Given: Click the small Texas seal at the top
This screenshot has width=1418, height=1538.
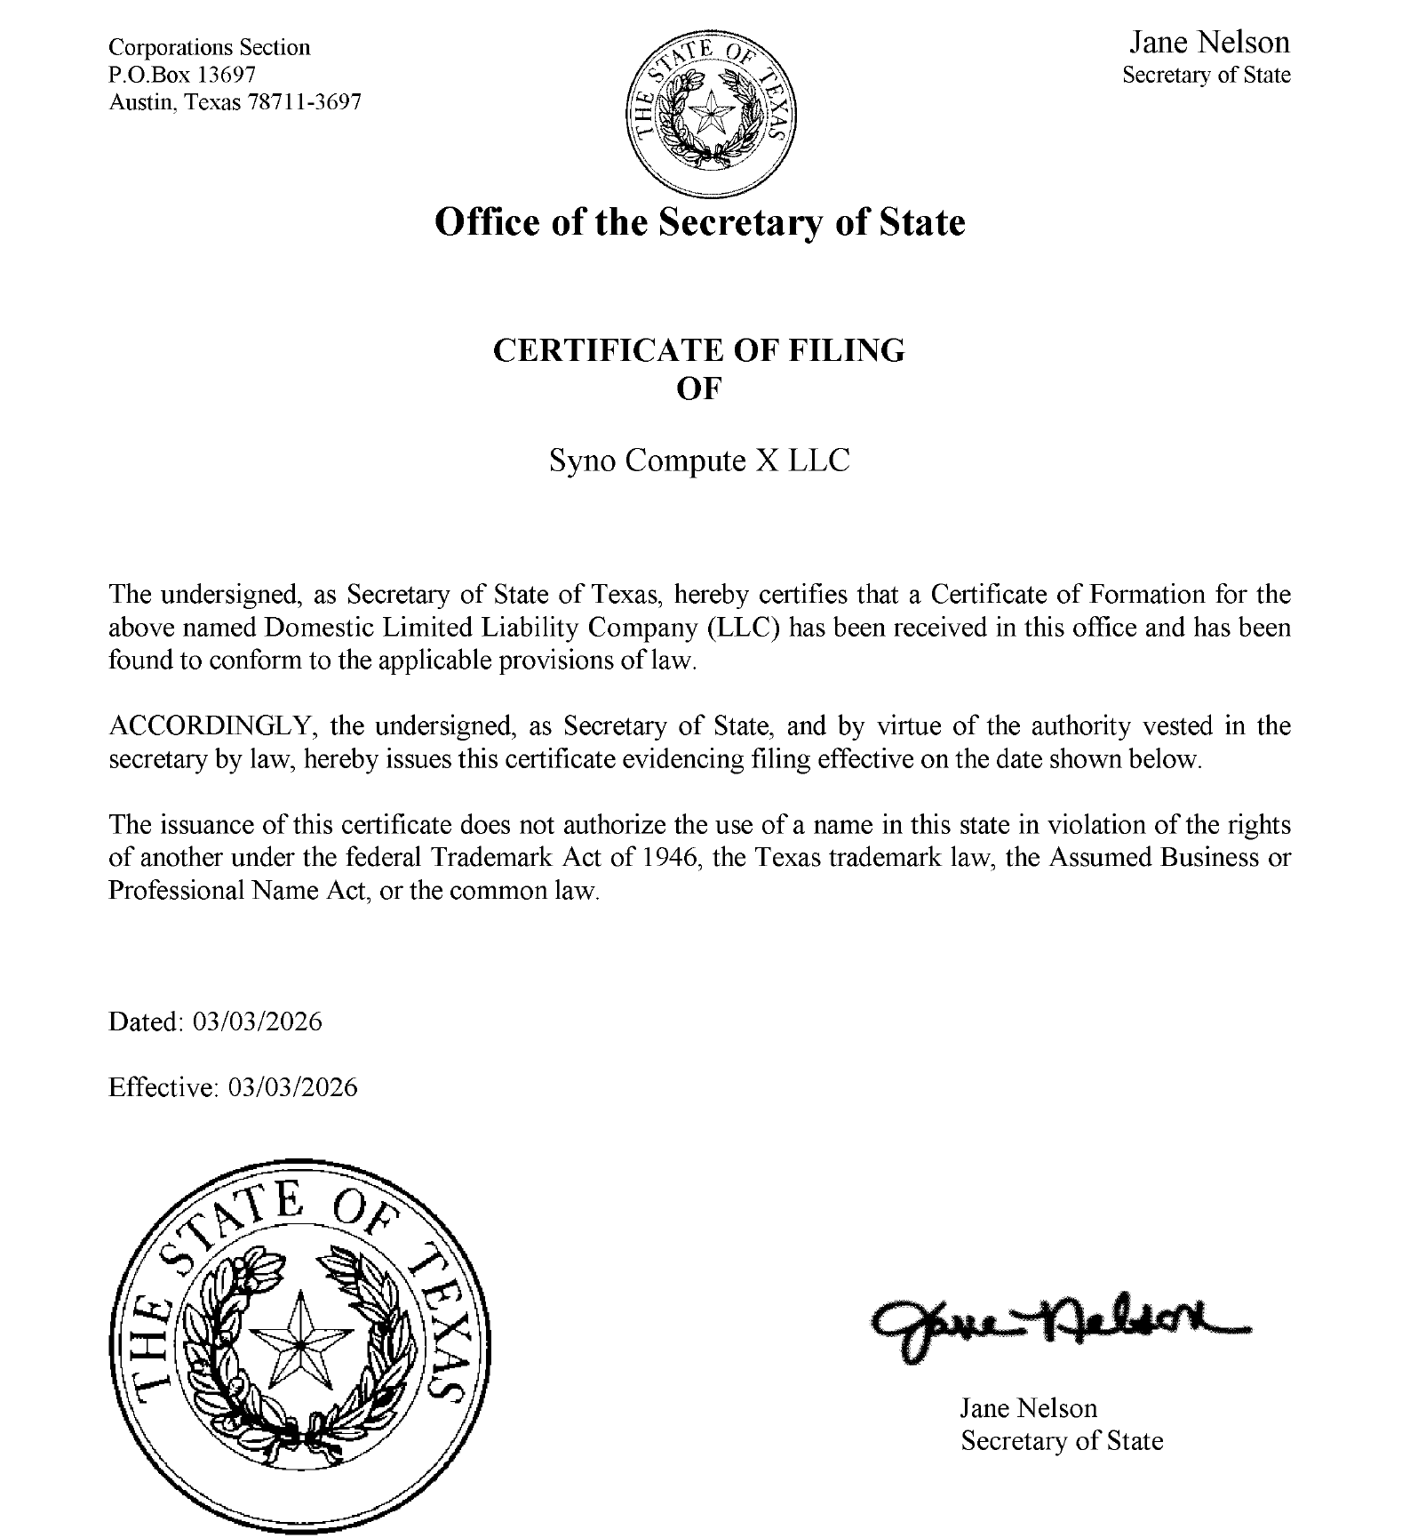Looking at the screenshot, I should (x=711, y=112).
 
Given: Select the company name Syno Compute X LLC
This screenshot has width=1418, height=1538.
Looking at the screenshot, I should (x=699, y=461).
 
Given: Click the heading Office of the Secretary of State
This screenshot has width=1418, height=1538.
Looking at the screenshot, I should (x=699, y=222).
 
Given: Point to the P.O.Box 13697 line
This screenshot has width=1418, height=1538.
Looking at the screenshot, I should (x=182, y=75).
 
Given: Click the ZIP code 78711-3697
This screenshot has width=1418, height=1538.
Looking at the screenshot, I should (x=305, y=102).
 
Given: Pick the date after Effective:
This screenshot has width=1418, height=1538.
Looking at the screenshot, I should (x=293, y=1087).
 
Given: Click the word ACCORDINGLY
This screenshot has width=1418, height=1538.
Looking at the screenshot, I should (x=211, y=726).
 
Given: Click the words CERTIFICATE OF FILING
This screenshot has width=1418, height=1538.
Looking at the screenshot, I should (x=699, y=350).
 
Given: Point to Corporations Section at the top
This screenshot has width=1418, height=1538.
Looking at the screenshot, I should (x=210, y=47).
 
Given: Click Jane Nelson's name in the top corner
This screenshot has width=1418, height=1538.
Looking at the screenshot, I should (x=1208, y=43).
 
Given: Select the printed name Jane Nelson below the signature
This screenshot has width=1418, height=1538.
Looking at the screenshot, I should (x=1028, y=1408).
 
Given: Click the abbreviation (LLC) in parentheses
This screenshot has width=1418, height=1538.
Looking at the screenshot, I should (x=745, y=628).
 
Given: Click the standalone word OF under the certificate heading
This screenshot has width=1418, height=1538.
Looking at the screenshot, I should (x=699, y=389).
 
